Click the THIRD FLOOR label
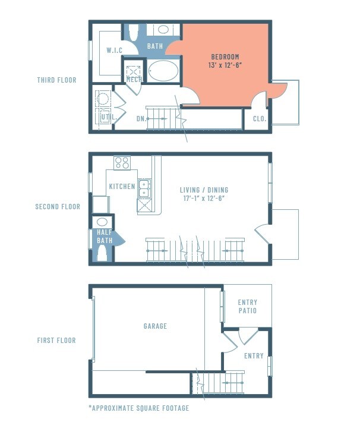pyautogui.click(x=56, y=80)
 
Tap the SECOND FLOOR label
pyautogui.click(x=58, y=207)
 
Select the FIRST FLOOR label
pyautogui.click(x=56, y=341)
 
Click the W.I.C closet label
pyautogui.click(x=115, y=51)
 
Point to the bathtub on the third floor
pyautogui.click(x=163, y=71)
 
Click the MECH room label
pyautogui.click(x=134, y=80)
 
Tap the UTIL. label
pyautogui.click(x=108, y=117)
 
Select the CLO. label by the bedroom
pyautogui.click(x=259, y=119)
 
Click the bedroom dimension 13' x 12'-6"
pyautogui.click(x=225, y=65)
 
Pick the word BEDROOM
pyautogui.click(x=225, y=56)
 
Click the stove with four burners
pyautogui.click(x=122, y=162)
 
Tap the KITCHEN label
pyautogui.click(x=122, y=187)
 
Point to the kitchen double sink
pyautogui.click(x=144, y=189)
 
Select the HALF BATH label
pyautogui.click(x=105, y=237)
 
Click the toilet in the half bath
pyautogui.click(x=102, y=254)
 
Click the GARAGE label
pyautogui.click(x=155, y=326)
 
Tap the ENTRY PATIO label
pyautogui.click(x=247, y=306)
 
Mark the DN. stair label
pyautogui.click(x=141, y=119)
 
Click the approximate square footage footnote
pyautogui.click(x=138, y=408)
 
